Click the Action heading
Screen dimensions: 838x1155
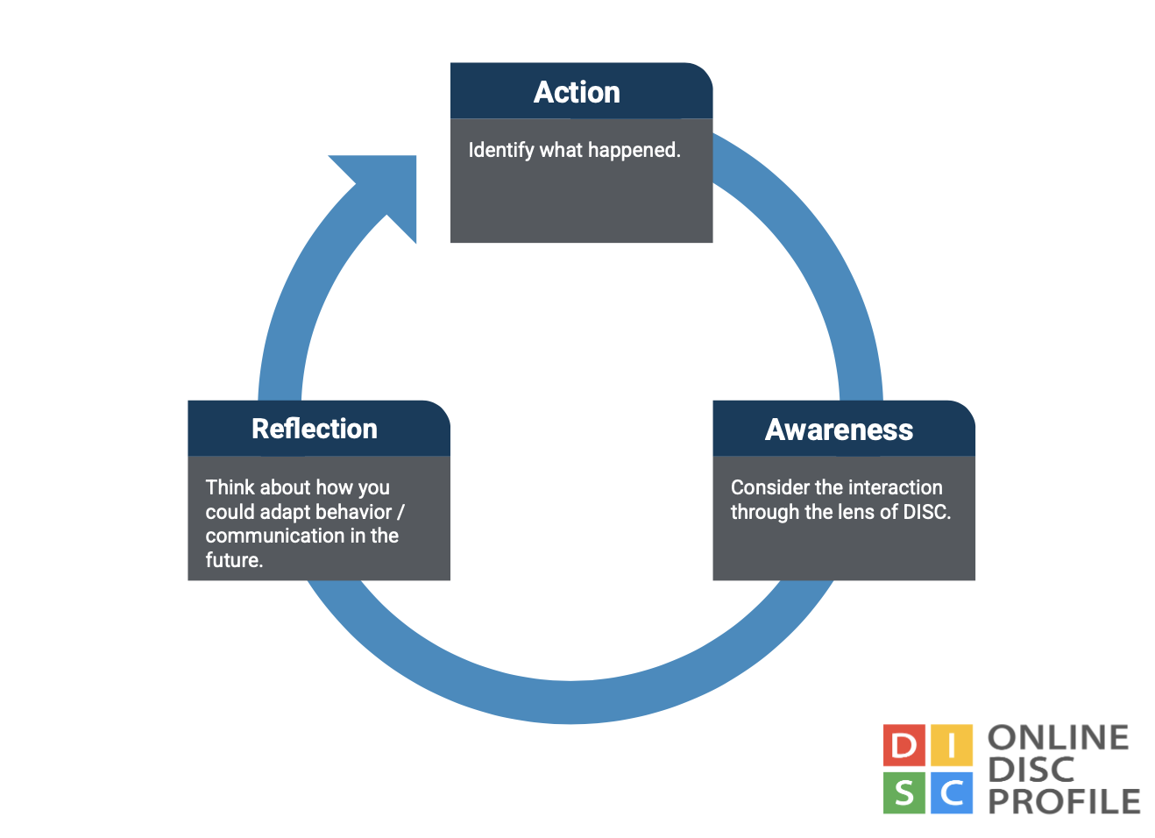click(x=577, y=92)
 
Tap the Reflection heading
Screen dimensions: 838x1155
click(x=314, y=429)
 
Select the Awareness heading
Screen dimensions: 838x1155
click(x=839, y=430)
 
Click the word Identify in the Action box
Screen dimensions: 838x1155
click(x=500, y=150)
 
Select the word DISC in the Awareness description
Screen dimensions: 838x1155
click(x=926, y=512)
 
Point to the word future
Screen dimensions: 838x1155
click(x=234, y=560)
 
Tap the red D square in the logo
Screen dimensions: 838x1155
click(x=903, y=746)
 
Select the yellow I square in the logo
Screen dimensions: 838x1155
click(x=951, y=746)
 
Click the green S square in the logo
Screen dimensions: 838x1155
click(x=903, y=793)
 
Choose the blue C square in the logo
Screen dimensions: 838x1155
click(x=951, y=793)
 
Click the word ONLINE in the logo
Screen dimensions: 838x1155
click(x=1058, y=738)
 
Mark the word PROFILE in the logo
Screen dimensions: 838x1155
click(x=1064, y=801)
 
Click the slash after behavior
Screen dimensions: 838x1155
click(x=400, y=512)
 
